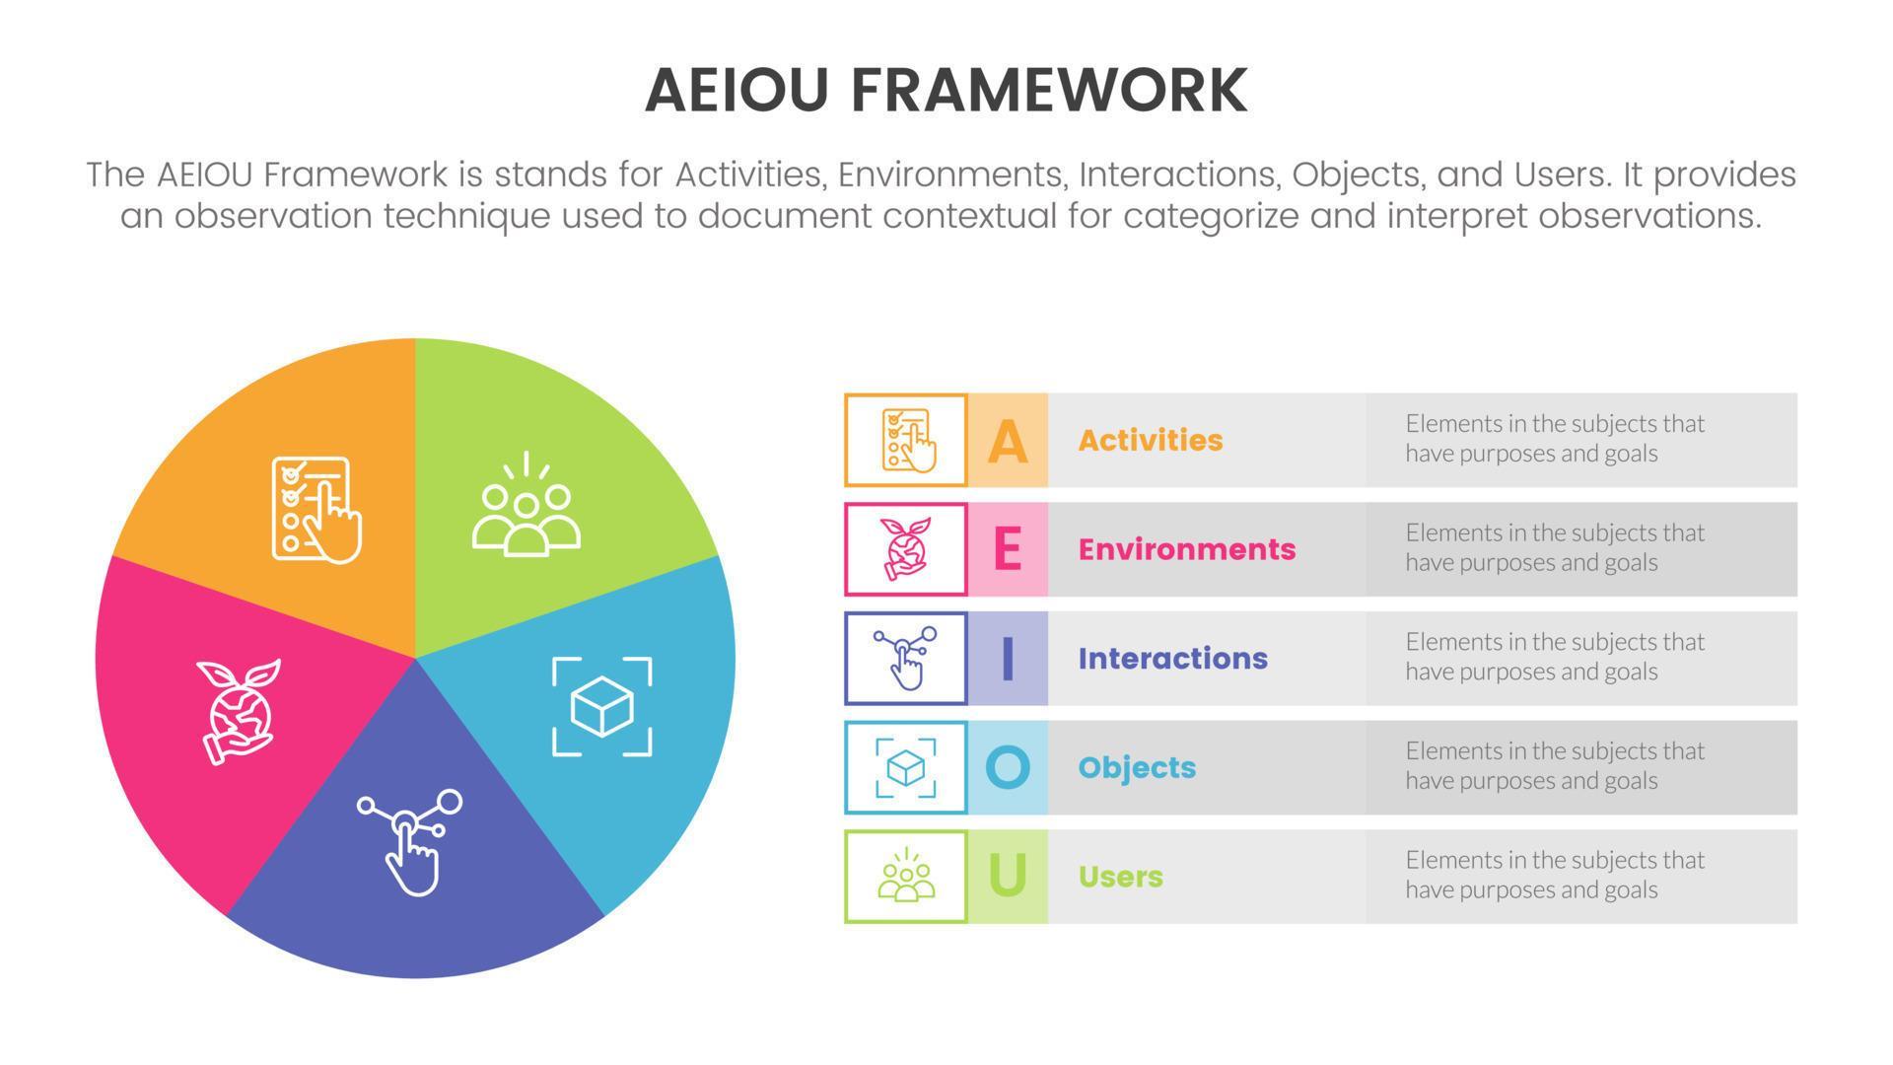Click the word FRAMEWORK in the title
pos(1048,91)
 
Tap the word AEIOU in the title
pos(737,91)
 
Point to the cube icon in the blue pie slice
pos(601,706)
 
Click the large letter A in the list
pos(1007,441)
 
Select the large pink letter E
pos(1007,549)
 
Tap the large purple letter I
pos(1007,659)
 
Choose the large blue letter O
pos(1007,767)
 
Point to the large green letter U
pos(1007,876)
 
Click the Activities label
pos(1150,441)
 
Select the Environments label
pos(1186,549)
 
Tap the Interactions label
pos(1172,659)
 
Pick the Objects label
pos(1136,767)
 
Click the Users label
pos(1120,877)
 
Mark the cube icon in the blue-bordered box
pos(905,767)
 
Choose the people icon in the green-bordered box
pos(905,876)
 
